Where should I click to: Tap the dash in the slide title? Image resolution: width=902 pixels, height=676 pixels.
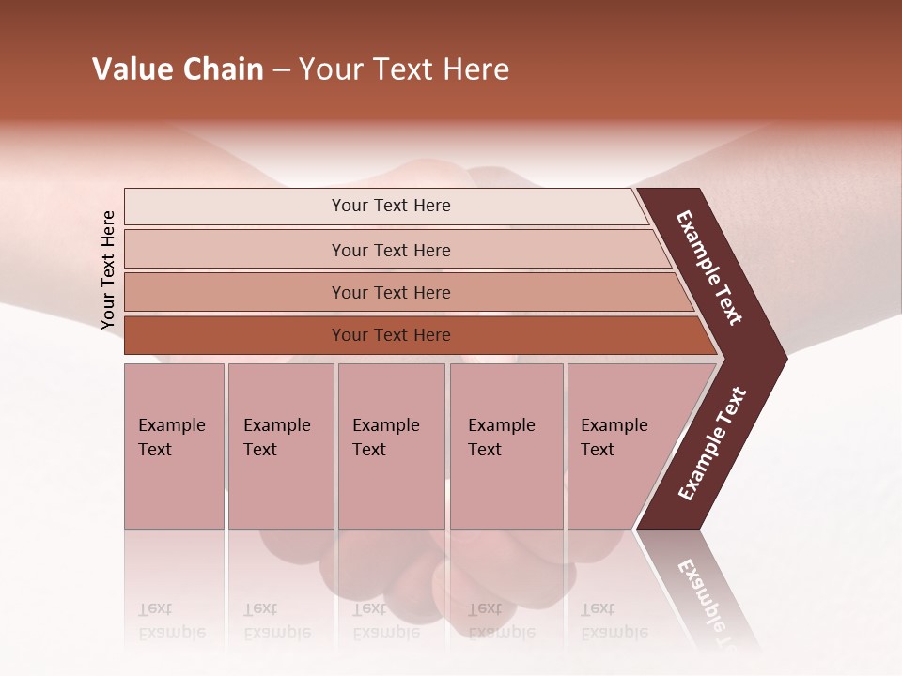281,70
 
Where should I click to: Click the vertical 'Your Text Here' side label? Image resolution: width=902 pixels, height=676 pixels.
108,269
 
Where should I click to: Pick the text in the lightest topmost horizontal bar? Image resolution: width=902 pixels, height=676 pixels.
391,206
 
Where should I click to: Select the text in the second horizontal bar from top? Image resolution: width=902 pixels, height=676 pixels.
391,250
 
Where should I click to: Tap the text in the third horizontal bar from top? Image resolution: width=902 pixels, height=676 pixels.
391,293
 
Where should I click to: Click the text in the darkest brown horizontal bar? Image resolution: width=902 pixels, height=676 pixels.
391,335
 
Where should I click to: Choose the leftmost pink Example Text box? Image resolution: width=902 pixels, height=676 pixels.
174,445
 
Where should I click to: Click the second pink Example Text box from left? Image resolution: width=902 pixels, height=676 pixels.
280,445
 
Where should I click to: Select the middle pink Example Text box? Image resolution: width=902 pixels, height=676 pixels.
391,445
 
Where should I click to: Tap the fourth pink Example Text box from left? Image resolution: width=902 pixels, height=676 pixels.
505,445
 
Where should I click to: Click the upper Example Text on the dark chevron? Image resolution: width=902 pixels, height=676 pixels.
710,268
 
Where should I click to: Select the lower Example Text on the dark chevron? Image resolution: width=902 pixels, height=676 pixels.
712,444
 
